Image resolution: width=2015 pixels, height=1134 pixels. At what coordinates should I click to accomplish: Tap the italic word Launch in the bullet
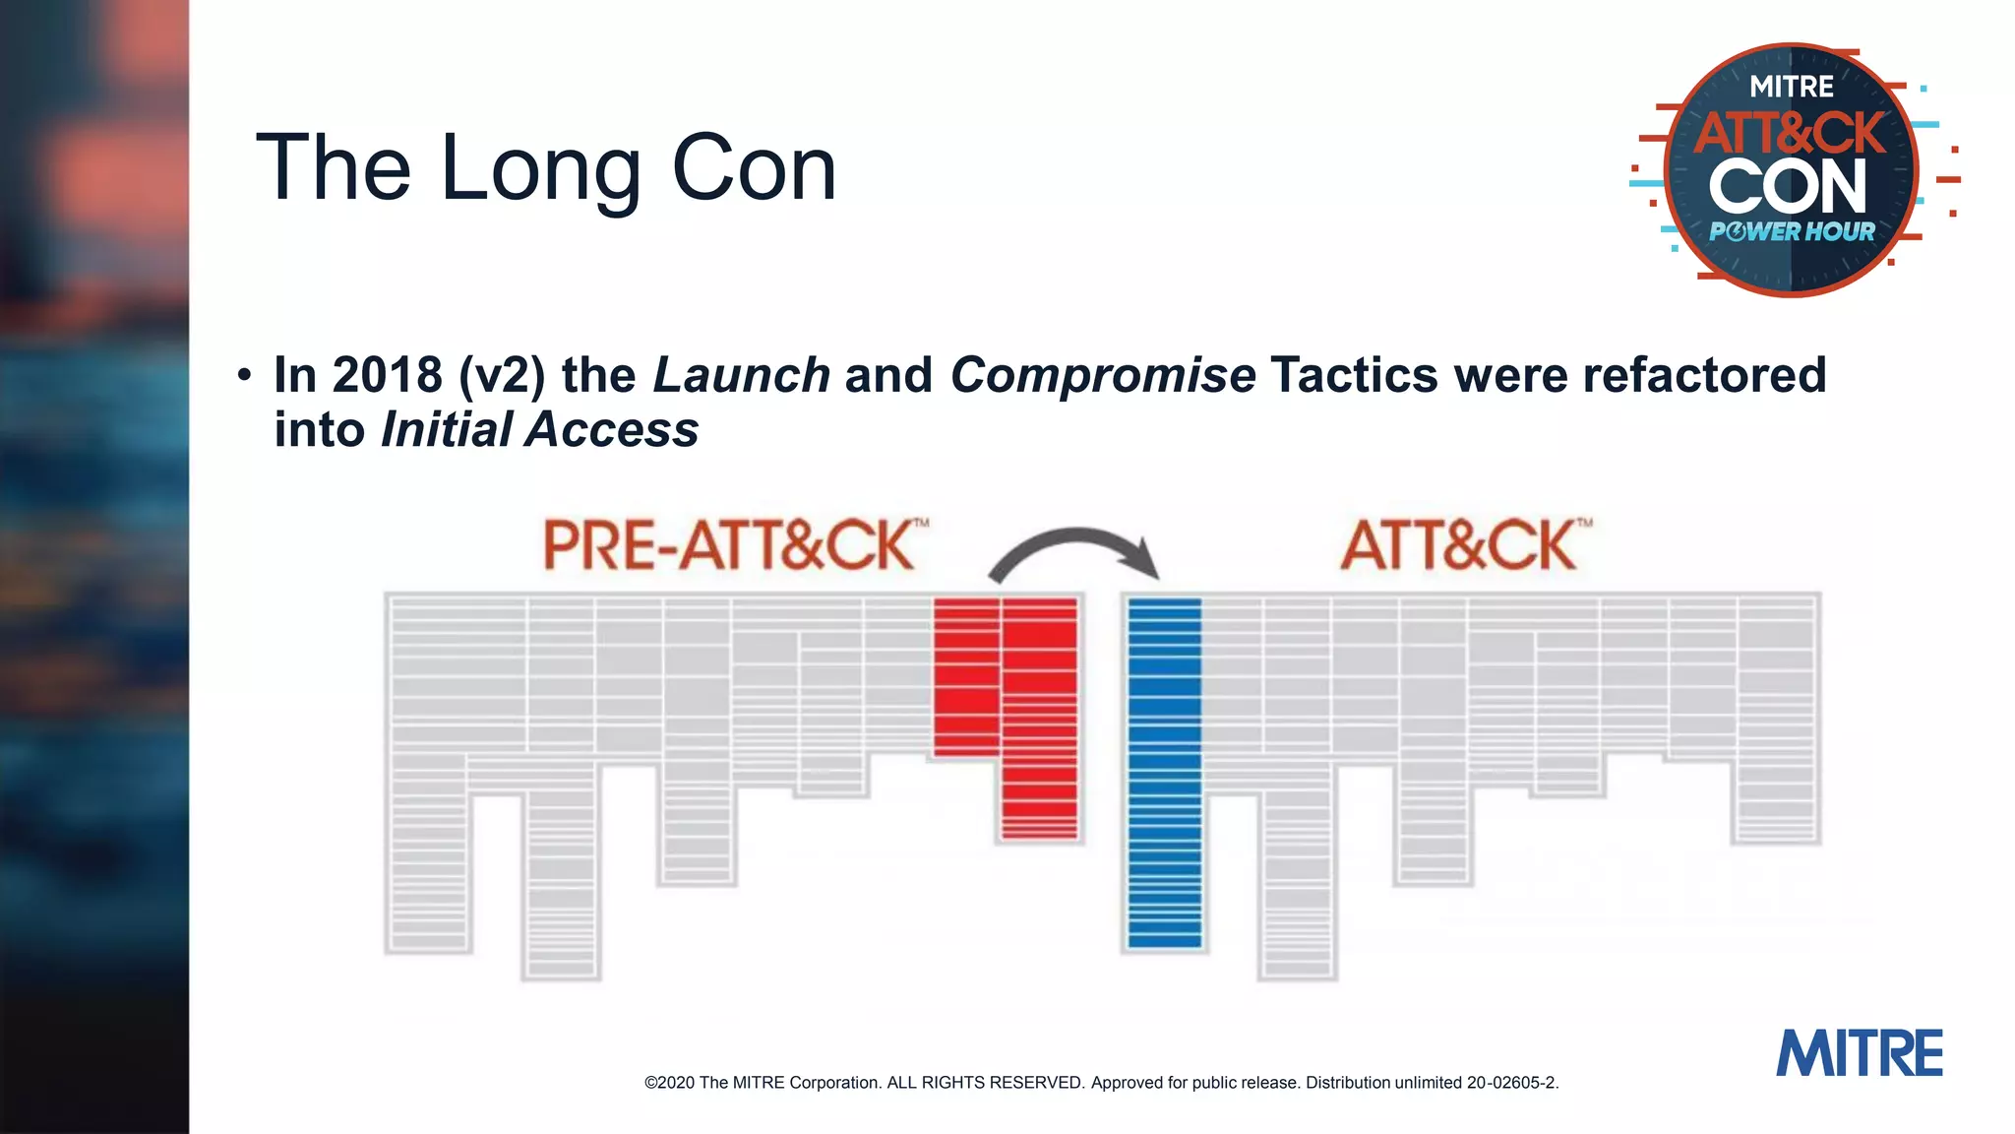click(x=742, y=375)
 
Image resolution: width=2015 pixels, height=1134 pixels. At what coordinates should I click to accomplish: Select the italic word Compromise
click(x=1102, y=375)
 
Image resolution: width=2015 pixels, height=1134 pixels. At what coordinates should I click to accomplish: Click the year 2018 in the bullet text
click(x=387, y=375)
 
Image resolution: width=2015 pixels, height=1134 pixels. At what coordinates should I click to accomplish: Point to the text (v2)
click(x=502, y=375)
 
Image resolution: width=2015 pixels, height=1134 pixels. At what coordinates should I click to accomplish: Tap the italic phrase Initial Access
click(x=540, y=430)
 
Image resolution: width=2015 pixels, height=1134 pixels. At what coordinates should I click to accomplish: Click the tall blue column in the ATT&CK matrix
click(x=1165, y=773)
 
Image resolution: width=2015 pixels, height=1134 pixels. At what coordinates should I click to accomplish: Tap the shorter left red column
click(x=966, y=677)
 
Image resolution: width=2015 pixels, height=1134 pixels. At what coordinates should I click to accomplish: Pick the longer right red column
click(x=1040, y=719)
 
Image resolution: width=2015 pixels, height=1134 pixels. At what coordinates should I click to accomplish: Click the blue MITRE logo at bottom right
click(x=1859, y=1054)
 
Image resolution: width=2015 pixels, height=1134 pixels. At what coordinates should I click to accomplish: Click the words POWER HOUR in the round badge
click(x=1792, y=232)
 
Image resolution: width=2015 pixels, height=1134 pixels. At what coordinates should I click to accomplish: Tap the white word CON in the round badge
click(x=1788, y=187)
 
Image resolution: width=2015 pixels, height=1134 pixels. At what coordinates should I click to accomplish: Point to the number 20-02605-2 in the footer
click(x=1511, y=1083)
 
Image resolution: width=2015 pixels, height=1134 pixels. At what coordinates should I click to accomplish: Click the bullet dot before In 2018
click(x=244, y=375)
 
